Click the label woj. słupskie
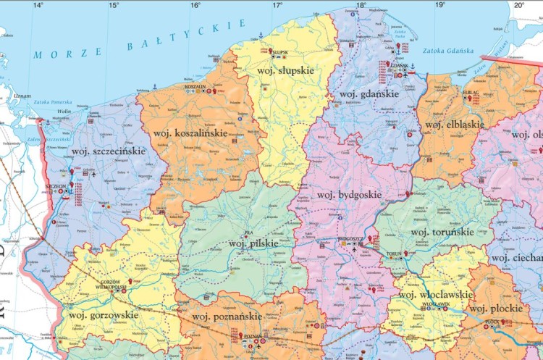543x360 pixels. pyautogui.click(x=285, y=70)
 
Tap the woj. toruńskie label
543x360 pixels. pyautogui.click(x=442, y=232)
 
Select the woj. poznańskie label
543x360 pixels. pyautogui.click(x=226, y=317)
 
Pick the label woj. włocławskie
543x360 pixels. pyautogui.click(x=436, y=295)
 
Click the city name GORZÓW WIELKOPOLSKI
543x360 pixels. pyautogui.click(x=107, y=284)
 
